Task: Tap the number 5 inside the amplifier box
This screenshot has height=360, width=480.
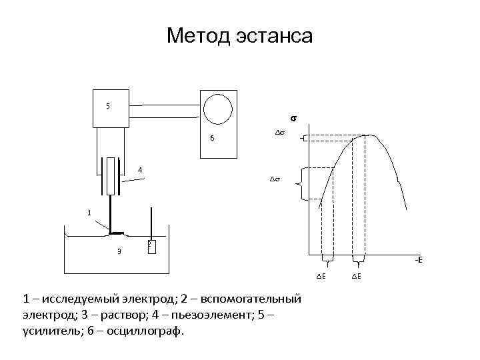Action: click(109, 106)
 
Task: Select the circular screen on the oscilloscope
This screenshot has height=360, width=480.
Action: click(218, 107)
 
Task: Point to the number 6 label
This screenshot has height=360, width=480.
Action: click(211, 139)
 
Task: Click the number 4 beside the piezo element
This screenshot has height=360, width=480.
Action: click(140, 170)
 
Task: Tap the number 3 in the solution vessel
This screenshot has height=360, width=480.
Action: click(119, 251)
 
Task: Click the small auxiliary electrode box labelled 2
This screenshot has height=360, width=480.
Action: click(151, 247)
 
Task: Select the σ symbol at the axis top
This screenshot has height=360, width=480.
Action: click(292, 119)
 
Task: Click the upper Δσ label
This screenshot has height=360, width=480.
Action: click(280, 133)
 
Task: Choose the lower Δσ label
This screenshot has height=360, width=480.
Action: click(274, 179)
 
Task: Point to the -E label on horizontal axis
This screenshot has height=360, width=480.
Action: click(418, 260)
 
